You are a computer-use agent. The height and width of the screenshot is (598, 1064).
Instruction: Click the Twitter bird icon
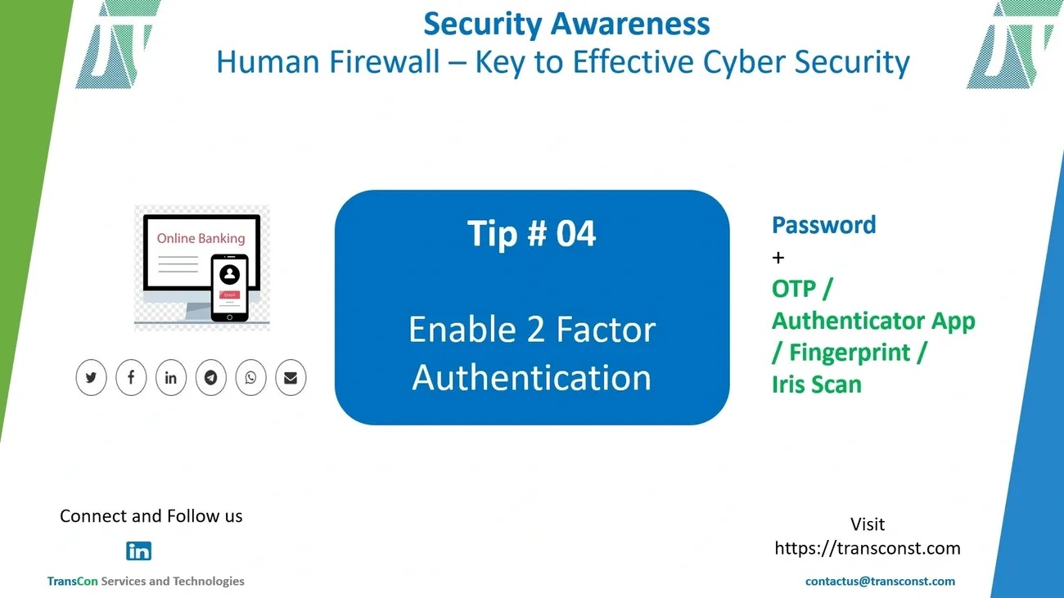pos(91,378)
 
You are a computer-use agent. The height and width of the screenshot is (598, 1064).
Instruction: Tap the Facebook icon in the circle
pos(131,378)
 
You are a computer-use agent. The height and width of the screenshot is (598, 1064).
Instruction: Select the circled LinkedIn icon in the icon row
pos(171,378)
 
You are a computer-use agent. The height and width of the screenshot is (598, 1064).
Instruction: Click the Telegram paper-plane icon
pos(211,378)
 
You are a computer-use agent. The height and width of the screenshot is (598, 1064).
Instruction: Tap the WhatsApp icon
pos(250,378)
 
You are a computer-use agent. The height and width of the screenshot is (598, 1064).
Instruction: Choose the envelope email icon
pos(291,378)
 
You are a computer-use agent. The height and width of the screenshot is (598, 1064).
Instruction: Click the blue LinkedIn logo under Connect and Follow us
pos(138,551)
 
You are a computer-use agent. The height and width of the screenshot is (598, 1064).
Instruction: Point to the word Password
pos(824,225)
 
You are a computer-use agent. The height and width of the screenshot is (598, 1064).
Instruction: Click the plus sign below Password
pos(778,258)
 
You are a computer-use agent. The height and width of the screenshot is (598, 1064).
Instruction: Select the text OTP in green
pos(794,289)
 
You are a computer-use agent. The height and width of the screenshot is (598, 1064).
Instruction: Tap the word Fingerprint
pos(850,353)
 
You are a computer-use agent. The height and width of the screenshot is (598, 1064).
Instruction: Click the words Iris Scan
pos(817,384)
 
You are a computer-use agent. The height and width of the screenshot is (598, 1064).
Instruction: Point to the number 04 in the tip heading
pos(575,233)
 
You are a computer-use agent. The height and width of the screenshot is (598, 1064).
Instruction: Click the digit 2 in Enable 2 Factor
pos(535,330)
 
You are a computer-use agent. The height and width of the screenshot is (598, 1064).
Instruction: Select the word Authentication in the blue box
pos(531,378)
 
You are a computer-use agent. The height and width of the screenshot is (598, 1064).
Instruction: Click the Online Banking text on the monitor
pos(201,238)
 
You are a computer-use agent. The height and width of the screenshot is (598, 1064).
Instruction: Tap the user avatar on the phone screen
pos(229,274)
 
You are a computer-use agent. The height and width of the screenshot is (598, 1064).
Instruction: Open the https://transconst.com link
pos(868,548)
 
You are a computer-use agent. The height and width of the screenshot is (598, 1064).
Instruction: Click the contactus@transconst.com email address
pos(880,582)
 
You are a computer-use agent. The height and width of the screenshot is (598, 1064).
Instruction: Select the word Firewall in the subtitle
pos(384,61)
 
